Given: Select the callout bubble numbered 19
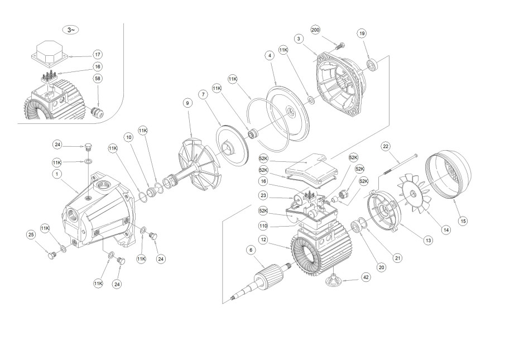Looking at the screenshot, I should pos(362,33).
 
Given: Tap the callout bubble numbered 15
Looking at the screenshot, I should pos(463,221).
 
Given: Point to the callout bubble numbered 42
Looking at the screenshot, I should pos(365,277).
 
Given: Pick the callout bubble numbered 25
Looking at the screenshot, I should pos(31,234).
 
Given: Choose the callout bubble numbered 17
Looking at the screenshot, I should pos(98,55).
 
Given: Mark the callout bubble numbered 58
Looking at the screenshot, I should pos(98,79).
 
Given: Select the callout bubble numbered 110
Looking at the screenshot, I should pos(263,226).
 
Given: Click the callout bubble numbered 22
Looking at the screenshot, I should pos(385,146).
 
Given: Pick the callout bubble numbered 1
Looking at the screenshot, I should pos(57,174).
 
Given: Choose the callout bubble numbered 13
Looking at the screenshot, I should pos(429,240).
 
